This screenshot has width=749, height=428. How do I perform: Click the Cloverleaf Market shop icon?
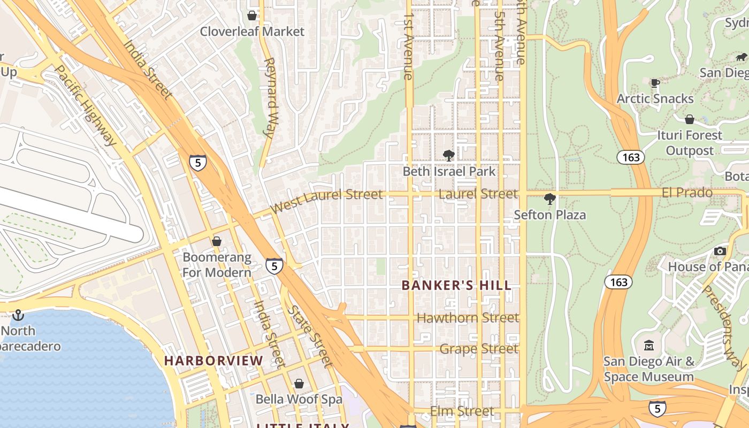coord(252,16)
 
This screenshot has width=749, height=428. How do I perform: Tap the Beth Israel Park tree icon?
coord(449,156)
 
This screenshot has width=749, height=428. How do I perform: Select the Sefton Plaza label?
coord(549,215)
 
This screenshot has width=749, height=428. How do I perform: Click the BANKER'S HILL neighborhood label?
coord(456,285)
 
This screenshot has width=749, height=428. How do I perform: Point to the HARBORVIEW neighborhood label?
coord(213,361)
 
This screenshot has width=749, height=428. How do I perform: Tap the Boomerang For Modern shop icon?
coord(217,241)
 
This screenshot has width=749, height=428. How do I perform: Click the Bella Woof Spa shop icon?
coord(299,384)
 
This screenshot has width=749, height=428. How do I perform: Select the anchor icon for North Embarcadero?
coord(18,315)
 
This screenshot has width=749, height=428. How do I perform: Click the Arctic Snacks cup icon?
coord(655,83)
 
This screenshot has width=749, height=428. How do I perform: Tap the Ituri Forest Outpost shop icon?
coord(690,119)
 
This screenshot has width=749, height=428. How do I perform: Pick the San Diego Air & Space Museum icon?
coord(649,345)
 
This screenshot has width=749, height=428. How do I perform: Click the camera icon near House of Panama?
coord(720,251)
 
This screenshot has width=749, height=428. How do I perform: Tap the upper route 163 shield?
coord(630,157)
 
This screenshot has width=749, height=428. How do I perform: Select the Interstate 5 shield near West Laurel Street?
coord(197,163)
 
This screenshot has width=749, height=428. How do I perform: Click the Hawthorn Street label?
coord(468,318)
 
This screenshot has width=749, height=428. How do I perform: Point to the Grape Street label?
coord(479,349)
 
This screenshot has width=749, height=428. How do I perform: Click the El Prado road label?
coord(687,193)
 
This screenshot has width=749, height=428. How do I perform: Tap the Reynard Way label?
coord(270,98)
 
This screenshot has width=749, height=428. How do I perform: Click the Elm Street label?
coord(462,411)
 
